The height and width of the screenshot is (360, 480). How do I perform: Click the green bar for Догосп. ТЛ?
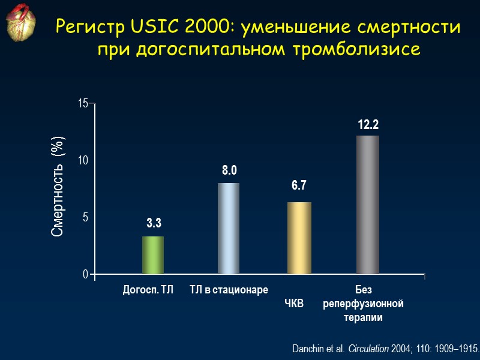(x=153, y=255)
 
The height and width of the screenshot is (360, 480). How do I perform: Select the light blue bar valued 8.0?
(x=229, y=228)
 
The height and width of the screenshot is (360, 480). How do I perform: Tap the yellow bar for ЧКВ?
(x=299, y=238)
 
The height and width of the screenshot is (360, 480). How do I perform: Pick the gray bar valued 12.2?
(x=368, y=204)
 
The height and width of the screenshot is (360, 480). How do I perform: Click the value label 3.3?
(x=154, y=224)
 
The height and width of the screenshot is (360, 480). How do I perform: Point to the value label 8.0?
(x=229, y=171)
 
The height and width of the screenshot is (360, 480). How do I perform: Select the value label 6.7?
(x=299, y=186)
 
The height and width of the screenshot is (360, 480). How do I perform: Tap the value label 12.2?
(x=368, y=125)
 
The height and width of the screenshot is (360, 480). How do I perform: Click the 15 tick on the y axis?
(x=83, y=104)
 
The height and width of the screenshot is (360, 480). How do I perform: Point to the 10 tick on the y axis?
(x=83, y=161)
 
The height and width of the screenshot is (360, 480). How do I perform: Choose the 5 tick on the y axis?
(x=85, y=217)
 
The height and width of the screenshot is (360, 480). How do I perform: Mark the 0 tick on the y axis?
(x=85, y=274)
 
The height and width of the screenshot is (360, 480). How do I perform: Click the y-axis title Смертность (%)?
(x=58, y=187)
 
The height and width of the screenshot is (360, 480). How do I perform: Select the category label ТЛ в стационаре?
(x=229, y=290)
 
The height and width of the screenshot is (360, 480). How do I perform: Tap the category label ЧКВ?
(x=295, y=304)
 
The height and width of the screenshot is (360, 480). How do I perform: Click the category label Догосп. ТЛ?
(x=148, y=290)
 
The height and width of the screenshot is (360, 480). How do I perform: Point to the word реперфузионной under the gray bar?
(x=363, y=304)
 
